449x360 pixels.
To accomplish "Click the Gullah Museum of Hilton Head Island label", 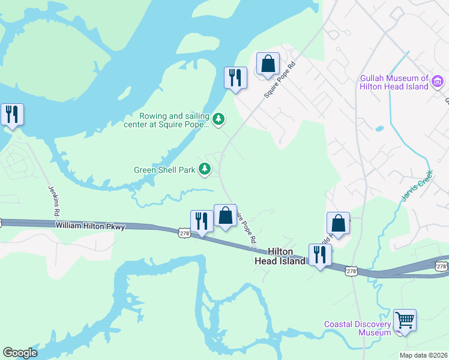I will (x=394, y=82).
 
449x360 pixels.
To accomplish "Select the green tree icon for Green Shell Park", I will (x=205, y=170).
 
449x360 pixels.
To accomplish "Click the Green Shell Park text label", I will (x=164, y=170).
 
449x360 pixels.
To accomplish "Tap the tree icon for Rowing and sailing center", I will (x=220, y=120).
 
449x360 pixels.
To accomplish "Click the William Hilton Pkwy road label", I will (x=90, y=226).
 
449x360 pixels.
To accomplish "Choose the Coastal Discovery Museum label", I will (x=358, y=328).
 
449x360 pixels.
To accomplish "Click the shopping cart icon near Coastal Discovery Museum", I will (x=405, y=320).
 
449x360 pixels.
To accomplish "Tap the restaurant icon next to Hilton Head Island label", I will (x=319, y=254).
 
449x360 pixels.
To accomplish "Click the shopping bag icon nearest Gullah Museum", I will (x=268, y=64).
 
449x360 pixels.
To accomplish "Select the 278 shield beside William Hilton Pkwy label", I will (x=184, y=232).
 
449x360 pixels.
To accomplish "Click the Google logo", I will (x=20, y=353).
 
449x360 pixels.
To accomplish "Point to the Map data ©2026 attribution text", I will (x=423, y=355).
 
